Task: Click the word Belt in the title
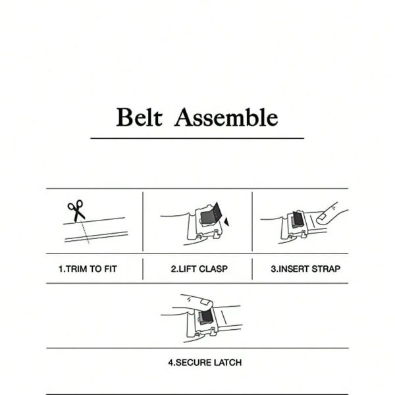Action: tap(139, 117)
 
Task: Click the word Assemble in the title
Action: tap(226, 117)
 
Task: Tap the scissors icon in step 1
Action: tap(76, 211)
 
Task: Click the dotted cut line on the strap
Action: tap(86, 232)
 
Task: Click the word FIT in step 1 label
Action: tap(111, 269)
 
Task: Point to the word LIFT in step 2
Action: tap(186, 269)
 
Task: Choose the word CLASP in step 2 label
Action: tap(213, 269)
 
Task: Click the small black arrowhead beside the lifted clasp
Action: tap(226, 222)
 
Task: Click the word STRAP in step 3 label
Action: tap(326, 269)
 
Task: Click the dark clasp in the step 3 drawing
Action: tap(298, 220)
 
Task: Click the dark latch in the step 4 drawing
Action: tap(206, 317)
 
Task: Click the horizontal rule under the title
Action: tap(197, 138)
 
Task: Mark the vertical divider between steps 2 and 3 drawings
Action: tap(252, 221)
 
